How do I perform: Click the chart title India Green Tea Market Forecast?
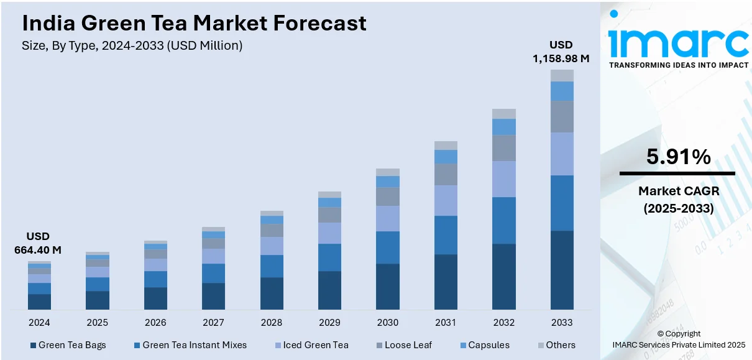click(x=194, y=24)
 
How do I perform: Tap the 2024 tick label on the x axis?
click(x=39, y=323)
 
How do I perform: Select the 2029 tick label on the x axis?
click(x=329, y=323)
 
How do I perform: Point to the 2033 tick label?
click(x=562, y=323)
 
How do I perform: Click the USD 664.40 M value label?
click(x=38, y=243)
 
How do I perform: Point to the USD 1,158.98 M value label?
click(x=561, y=52)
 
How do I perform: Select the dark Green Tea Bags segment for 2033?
click(x=562, y=270)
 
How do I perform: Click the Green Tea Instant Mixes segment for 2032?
click(x=504, y=220)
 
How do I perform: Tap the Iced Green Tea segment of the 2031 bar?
click(x=446, y=200)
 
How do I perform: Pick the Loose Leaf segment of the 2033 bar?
click(x=562, y=116)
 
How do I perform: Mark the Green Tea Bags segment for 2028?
click(x=272, y=293)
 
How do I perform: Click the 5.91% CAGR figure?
click(x=678, y=157)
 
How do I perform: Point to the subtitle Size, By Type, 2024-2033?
click(x=132, y=45)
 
